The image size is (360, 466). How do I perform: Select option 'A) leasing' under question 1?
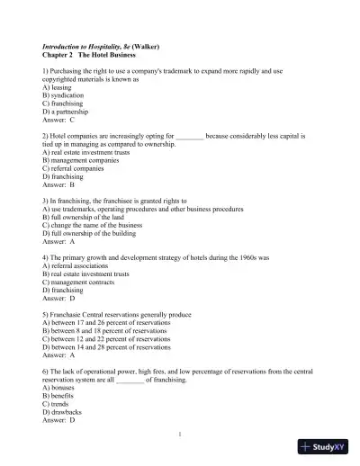coord(58,86)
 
